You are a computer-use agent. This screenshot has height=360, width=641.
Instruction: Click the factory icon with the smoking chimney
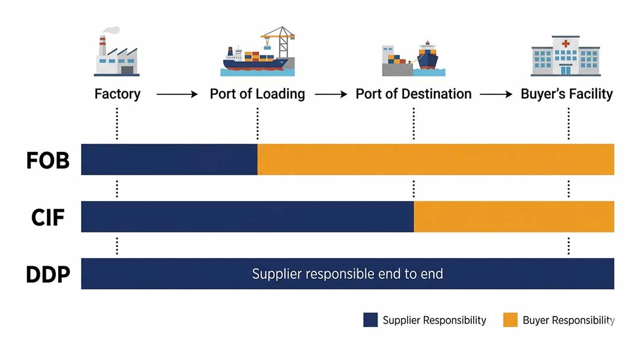coord(116,55)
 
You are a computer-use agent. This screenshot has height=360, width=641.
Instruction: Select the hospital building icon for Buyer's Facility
coord(565,55)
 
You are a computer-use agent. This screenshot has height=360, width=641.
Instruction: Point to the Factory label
coord(118,94)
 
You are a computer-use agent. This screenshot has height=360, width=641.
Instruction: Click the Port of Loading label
coord(257,94)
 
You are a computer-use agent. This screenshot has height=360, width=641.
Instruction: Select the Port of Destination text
coord(413,94)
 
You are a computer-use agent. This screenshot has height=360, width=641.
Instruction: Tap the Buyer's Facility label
coord(566,94)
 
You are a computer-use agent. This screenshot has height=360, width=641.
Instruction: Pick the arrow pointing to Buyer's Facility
coord(496,94)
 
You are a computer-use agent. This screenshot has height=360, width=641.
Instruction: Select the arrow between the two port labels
coord(331,94)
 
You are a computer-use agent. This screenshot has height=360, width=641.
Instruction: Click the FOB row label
coord(48,161)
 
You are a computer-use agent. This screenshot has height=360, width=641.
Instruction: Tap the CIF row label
coord(47,218)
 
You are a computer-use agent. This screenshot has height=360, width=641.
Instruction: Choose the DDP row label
coord(48,275)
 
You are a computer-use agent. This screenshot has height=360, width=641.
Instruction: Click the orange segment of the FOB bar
coord(435,160)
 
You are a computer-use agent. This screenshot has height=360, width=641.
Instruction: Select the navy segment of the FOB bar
coord(169,160)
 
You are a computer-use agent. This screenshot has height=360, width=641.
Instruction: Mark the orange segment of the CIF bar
coord(513,216)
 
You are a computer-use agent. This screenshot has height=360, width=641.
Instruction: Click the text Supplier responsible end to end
coord(347,274)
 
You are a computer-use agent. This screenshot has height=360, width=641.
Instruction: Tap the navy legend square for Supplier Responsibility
coord(370,320)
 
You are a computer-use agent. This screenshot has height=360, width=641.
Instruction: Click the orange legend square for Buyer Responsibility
coord(510,320)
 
